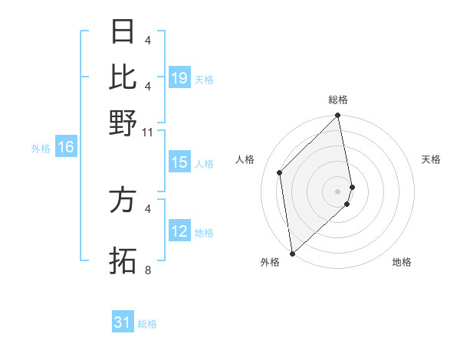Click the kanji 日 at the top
[x=123, y=32]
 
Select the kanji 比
[x=123, y=77]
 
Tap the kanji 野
[x=123, y=123]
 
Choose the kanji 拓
[x=123, y=260]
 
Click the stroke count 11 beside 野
[x=148, y=132]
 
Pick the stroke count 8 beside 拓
[x=148, y=270]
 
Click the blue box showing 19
[x=179, y=78]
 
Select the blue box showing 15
[x=179, y=162]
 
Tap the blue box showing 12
[x=179, y=231]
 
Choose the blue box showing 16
[x=66, y=148]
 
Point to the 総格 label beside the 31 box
[x=147, y=324]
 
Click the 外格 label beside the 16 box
[x=41, y=149]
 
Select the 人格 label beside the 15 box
[x=204, y=164]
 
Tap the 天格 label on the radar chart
[x=431, y=159]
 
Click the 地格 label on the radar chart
[x=402, y=262]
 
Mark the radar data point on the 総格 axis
[x=338, y=116]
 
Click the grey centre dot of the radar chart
[x=338, y=191]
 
